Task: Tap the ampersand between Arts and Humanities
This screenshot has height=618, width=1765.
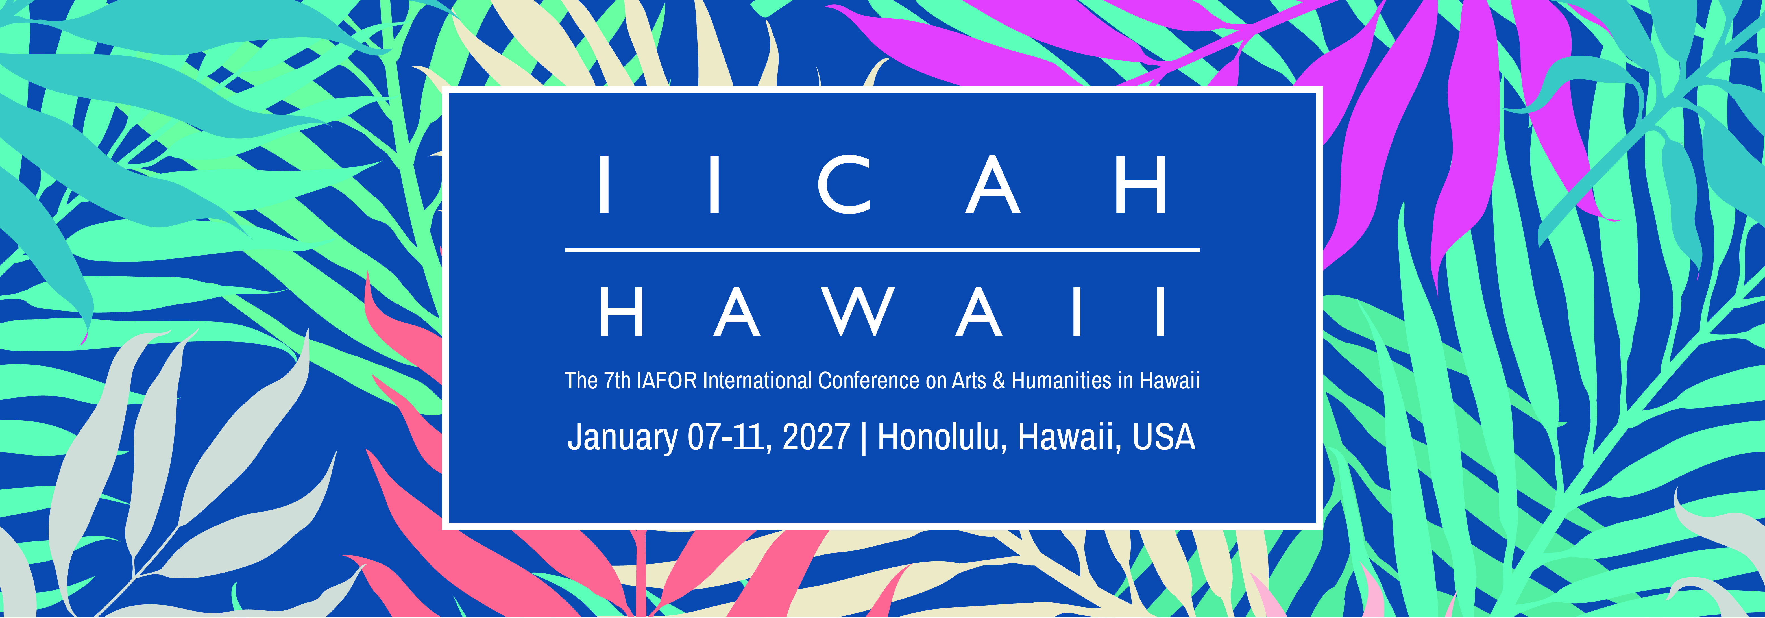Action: point(998,380)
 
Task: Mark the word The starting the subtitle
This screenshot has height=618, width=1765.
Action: point(580,380)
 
